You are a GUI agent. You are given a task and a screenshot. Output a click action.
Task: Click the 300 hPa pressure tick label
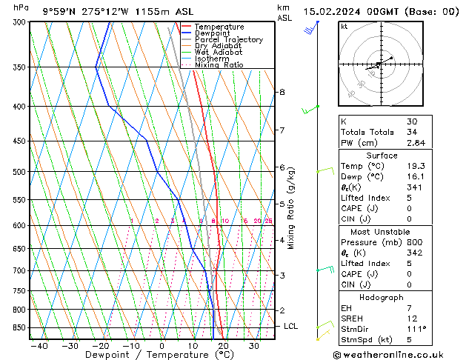pos(18,22)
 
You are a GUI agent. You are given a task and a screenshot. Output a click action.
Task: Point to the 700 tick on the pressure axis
pos(18,271)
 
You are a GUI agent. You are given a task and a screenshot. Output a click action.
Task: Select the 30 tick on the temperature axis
pos(253,345)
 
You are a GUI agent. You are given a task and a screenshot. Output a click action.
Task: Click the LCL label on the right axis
pos(291,326)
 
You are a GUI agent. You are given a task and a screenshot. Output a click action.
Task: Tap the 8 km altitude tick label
pos(282,92)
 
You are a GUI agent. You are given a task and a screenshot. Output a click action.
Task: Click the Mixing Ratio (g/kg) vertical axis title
pos(291,208)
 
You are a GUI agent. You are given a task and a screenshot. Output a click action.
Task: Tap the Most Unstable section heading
pos(382,231)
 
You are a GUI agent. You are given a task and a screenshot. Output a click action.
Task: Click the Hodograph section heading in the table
pos(382,296)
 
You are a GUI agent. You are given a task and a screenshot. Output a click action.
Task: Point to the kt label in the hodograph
pos(344,26)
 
